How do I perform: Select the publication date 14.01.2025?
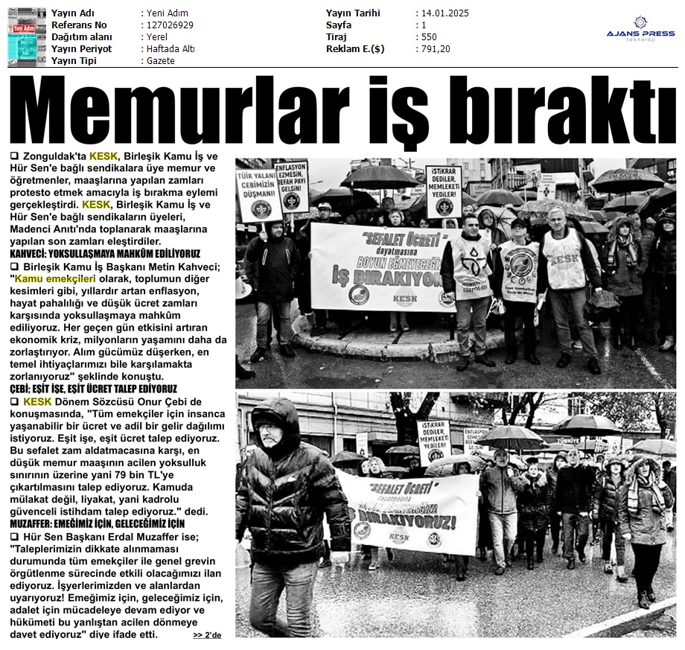click(x=446, y=13)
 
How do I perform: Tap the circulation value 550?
click(x=429, y=37)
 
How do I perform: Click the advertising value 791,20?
click(x=435, y=49)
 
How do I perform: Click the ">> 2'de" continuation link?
click(x=207, y=635)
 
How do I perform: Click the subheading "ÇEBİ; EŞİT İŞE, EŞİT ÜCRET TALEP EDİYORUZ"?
click(x=93, y=389)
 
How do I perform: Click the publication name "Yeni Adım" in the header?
click(x=168, y=13)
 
